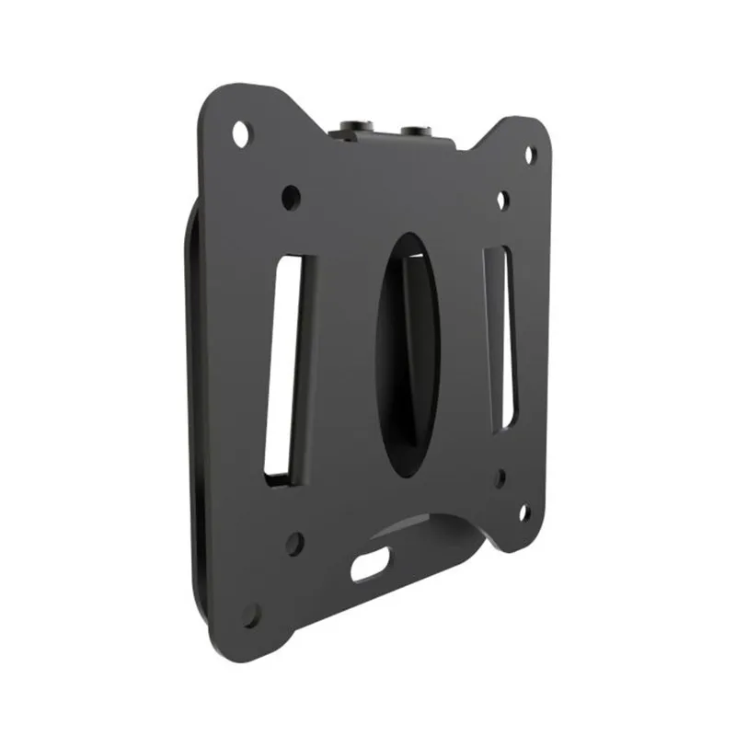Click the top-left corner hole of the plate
pos(240,134)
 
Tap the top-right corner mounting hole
pos(530,155)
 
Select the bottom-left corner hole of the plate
pos(251,615)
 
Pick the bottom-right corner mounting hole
pos(524,512)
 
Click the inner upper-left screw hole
pos(291,196)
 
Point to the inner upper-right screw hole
pos(501,200)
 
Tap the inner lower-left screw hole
pos(294,543)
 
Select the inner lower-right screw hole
pos(500,478)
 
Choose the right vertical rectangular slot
pos(497,336)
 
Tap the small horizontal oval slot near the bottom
pos(370,563)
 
